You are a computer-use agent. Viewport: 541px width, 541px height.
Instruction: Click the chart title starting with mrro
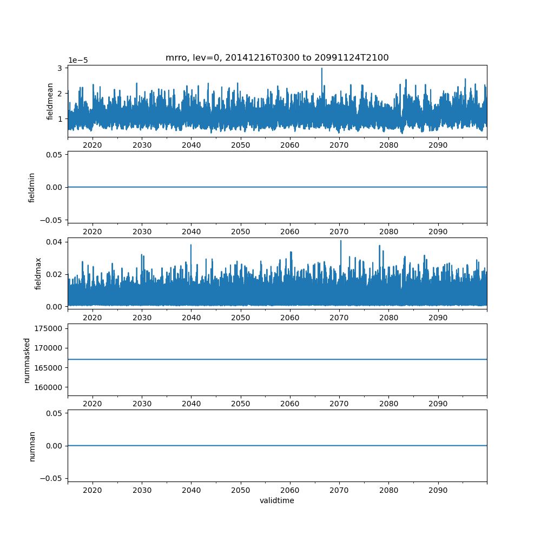pyautogui.click(x=277, y=58)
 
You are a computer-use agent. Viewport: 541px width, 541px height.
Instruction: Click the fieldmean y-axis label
pyautogui.click(x=50, y=101)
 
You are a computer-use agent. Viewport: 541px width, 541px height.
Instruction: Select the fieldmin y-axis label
pyautogui.click(x=32, y=188)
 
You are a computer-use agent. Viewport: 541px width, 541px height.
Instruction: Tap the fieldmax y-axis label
pyautogui.click(x=38, y=273)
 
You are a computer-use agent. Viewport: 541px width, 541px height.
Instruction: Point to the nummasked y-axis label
pyautogui.click(x=27, y=360)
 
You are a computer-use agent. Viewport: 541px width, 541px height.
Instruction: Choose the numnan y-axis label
pyautogui.click(x=32, y=446)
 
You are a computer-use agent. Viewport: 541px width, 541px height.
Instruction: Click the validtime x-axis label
pyautogui.click(x=277, y=500)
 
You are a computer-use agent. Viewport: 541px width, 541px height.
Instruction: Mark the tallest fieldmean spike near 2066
pyautogui.click(x=322, y=68)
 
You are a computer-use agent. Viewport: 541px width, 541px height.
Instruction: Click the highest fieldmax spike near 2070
pyautogui.click(x=341, y=241)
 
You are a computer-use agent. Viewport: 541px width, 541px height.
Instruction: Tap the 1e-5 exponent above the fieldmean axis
pyautogui.click(x=78, y=61)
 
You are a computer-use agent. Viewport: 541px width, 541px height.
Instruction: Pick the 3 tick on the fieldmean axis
pyautogui.click(x=61, y=68)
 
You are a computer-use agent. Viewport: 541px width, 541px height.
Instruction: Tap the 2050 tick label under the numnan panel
pyautogui.click(x=241, y=490)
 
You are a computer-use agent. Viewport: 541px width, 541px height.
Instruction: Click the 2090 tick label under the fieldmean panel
pyautogui.click(x=438, y=146)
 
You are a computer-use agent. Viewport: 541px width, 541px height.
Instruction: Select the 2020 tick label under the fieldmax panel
pyautogui.click(x=93, y=318)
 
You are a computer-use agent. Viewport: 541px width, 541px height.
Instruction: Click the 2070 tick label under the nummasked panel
pyautogui.click(x=339, y=404)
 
